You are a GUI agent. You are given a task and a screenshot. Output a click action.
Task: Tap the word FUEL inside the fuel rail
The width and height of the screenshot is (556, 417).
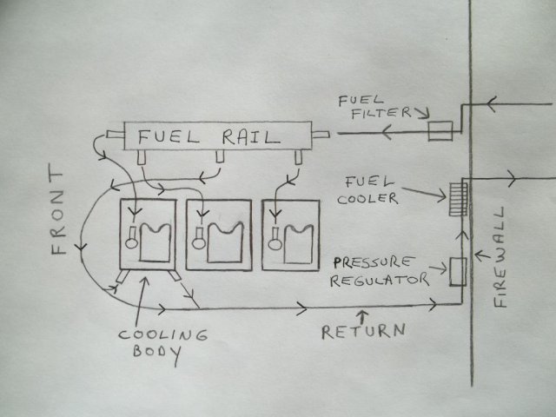(x=175, y=136)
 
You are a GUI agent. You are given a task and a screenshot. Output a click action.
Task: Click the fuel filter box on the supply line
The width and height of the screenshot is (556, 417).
(x=440, y=131)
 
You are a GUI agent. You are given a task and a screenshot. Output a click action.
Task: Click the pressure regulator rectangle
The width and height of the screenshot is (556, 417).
(x=457, y=272)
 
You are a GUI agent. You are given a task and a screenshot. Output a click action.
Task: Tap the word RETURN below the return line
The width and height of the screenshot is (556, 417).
(x=362, y=330)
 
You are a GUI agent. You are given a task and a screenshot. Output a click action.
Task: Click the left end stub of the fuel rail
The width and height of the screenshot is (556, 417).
(x=112, y=135)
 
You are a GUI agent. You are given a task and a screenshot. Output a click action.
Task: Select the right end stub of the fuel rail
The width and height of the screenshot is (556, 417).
(x=321, y=135)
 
